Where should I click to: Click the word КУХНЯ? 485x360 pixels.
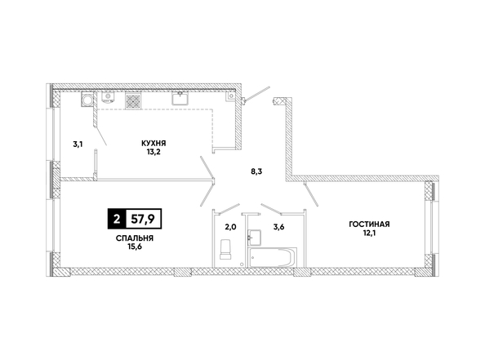click(154, 144)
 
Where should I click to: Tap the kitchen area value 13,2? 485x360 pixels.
click(154, 152)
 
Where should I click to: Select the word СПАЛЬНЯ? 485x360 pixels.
click(135, 238)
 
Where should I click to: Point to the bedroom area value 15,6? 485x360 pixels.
click(135, 247)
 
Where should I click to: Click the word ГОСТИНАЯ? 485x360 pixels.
click(369, 224)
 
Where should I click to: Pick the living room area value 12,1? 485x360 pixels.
click(370, 233)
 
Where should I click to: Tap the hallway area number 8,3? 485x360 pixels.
click(256, 171)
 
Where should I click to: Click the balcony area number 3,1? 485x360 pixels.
click(78, 144)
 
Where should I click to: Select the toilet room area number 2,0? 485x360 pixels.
click(230, 227)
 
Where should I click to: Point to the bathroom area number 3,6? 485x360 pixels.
click(278, 227)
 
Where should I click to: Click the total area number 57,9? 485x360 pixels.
click(143, 220)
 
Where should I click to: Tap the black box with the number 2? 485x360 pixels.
click(117, 220)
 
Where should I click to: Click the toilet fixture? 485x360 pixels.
click(225, 249)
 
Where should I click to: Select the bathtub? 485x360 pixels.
click(272, 256)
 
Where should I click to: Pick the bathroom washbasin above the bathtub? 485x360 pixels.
click(254, 238)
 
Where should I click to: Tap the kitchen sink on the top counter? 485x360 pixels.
click(180, 98)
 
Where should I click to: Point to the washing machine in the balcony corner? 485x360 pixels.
click(87, 100)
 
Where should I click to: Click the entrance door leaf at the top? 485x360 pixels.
click(256, 93)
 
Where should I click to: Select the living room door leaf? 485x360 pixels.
click(311, 195)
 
